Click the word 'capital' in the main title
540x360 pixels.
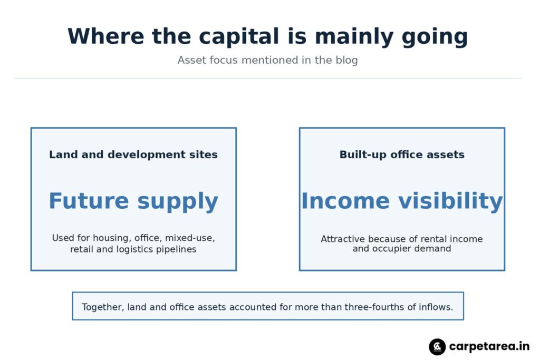pyautogui.click(x=239, y=36)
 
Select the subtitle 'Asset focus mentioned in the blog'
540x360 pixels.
pyautogui.click(x=267, y=60)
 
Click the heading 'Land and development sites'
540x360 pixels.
pyautogui.click(x=133, y=154)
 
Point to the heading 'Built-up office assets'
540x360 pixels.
pyautogui.click(x=402, y=154)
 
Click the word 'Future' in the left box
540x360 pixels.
pyautogui.click(x=89, y=201)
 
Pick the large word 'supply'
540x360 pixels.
pyautogui.click(x=178, y=202)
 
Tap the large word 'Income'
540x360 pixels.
pyautogui.click(x=345, y=201)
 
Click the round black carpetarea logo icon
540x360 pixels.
pyautogui.click(x=437, y=347)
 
